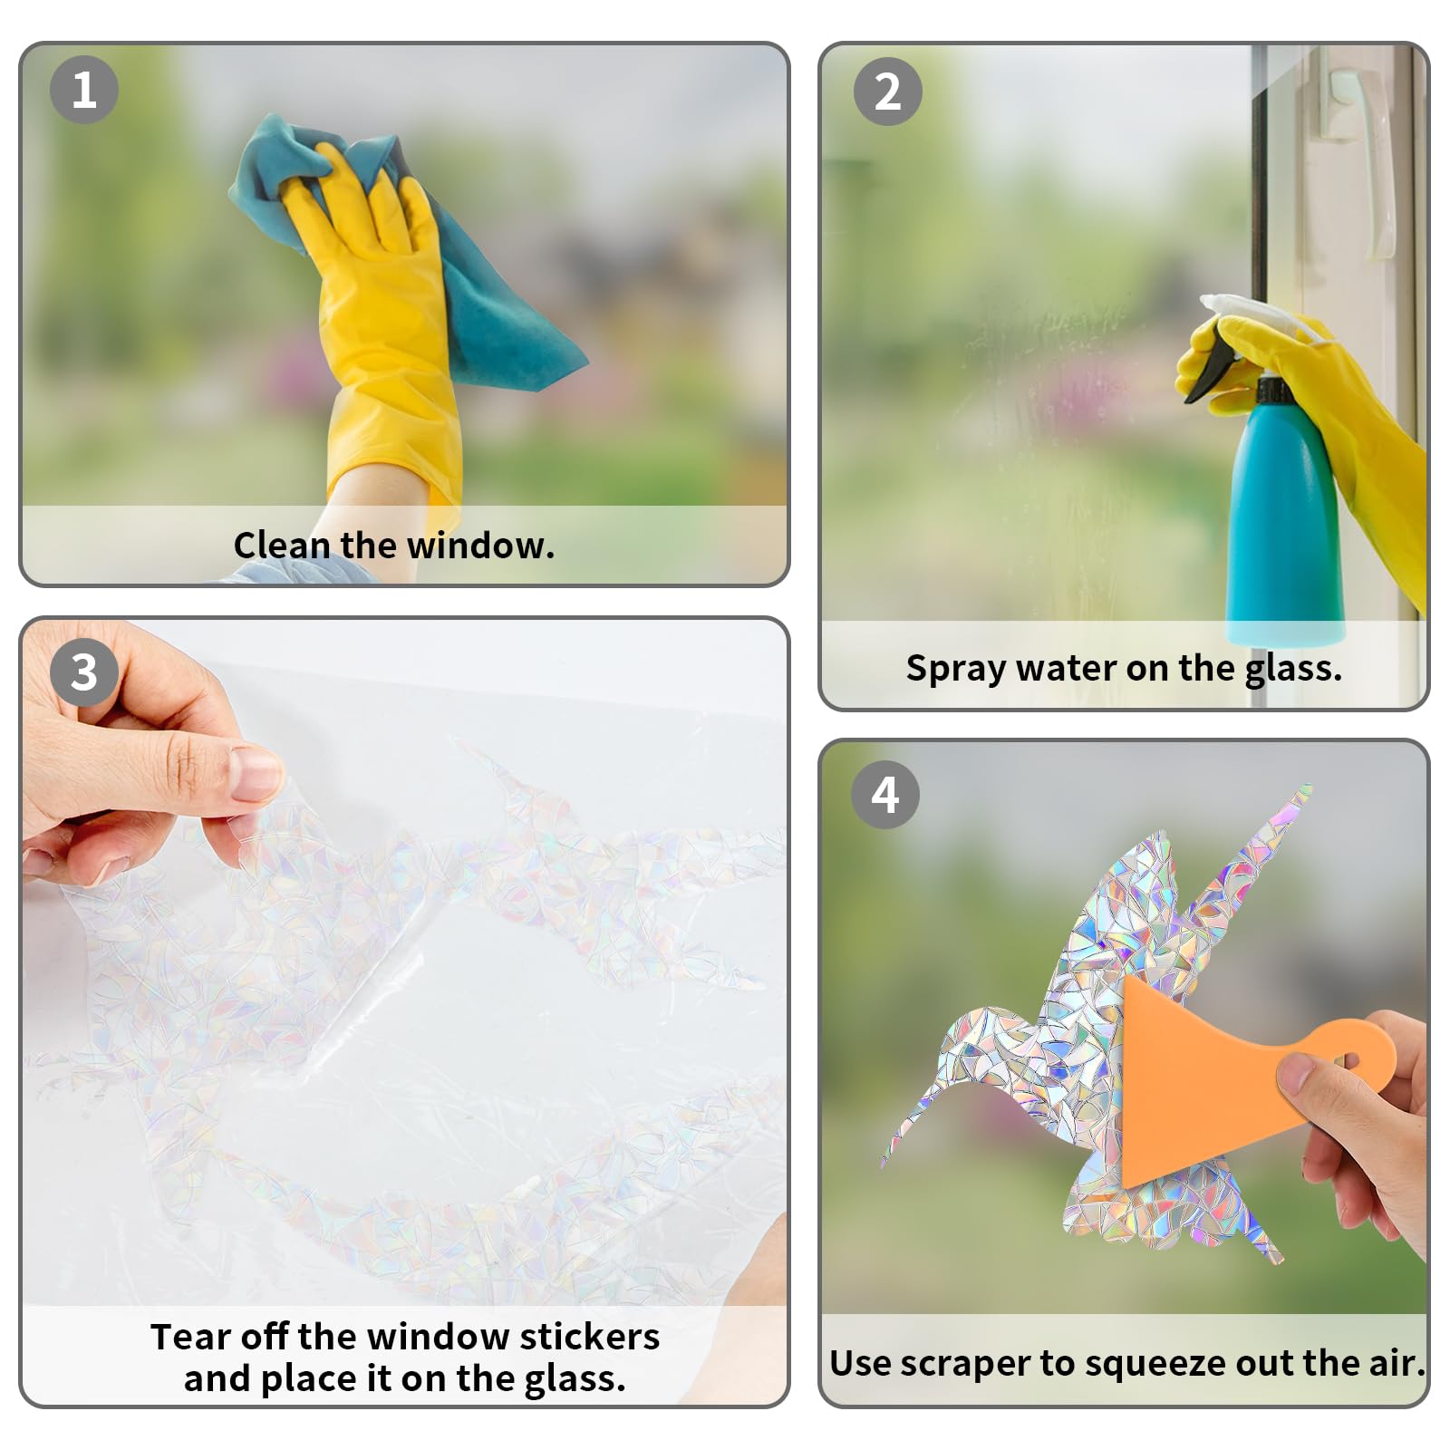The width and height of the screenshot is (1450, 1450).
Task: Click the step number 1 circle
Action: (x=84, y=90)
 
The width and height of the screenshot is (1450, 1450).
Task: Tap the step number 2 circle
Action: (x=888, y=92)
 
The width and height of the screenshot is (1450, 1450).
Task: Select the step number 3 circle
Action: (x=84, y=672)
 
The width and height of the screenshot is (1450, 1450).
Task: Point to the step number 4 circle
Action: (x=885, y=795)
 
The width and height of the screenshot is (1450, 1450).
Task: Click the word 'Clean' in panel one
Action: (x=281, y=546)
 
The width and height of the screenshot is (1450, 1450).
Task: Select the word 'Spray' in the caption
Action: (x=956, y=670)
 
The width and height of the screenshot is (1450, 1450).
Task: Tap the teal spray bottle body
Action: (x=1282, y=526)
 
